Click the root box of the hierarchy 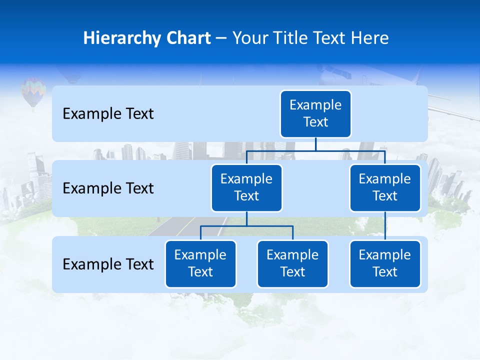315,113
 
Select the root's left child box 246,187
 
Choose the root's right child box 385,187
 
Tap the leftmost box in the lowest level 200,263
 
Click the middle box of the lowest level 292,263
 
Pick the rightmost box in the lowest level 385,263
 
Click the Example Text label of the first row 108,114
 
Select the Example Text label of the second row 108,188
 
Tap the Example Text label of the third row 108,264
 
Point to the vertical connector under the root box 315,144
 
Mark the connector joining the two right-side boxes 385,226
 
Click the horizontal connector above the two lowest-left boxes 246,226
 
